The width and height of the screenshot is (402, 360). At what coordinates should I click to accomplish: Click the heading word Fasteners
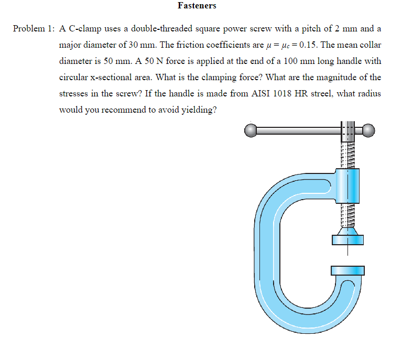197,6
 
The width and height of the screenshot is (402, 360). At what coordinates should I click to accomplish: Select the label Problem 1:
33,28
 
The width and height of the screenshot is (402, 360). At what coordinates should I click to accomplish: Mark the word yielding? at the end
199,110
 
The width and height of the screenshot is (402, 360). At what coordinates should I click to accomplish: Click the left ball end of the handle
251,130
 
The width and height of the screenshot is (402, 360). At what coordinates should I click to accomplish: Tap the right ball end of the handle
370,130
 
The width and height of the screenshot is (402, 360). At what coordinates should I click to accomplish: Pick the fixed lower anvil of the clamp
347,270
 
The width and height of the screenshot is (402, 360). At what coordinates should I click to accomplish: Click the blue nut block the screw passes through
346,186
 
